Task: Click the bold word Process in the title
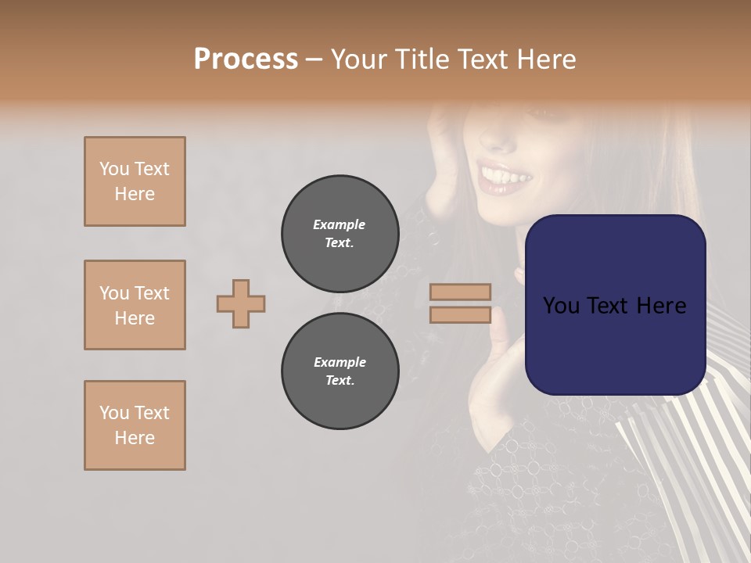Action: coord(246,59)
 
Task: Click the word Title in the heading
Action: coord(426,59)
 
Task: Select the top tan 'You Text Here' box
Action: coord(135,181)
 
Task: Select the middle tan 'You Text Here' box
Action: coord(135,305)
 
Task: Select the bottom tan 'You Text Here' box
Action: coord(135,425)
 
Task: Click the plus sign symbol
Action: coord(241,303)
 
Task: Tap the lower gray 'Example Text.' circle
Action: coord(340,371)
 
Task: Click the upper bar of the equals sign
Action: coord(461,292)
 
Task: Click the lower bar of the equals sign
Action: coord(461,315)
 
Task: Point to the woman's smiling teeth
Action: coord(505,177)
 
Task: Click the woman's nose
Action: coord(498,138)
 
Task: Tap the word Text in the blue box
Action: coord(615,306)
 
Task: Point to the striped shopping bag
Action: coord(688,469)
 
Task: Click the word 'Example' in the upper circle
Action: coord(340,224)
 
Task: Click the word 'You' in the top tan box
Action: coord(114,169)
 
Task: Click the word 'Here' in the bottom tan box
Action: coord(135,438)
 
